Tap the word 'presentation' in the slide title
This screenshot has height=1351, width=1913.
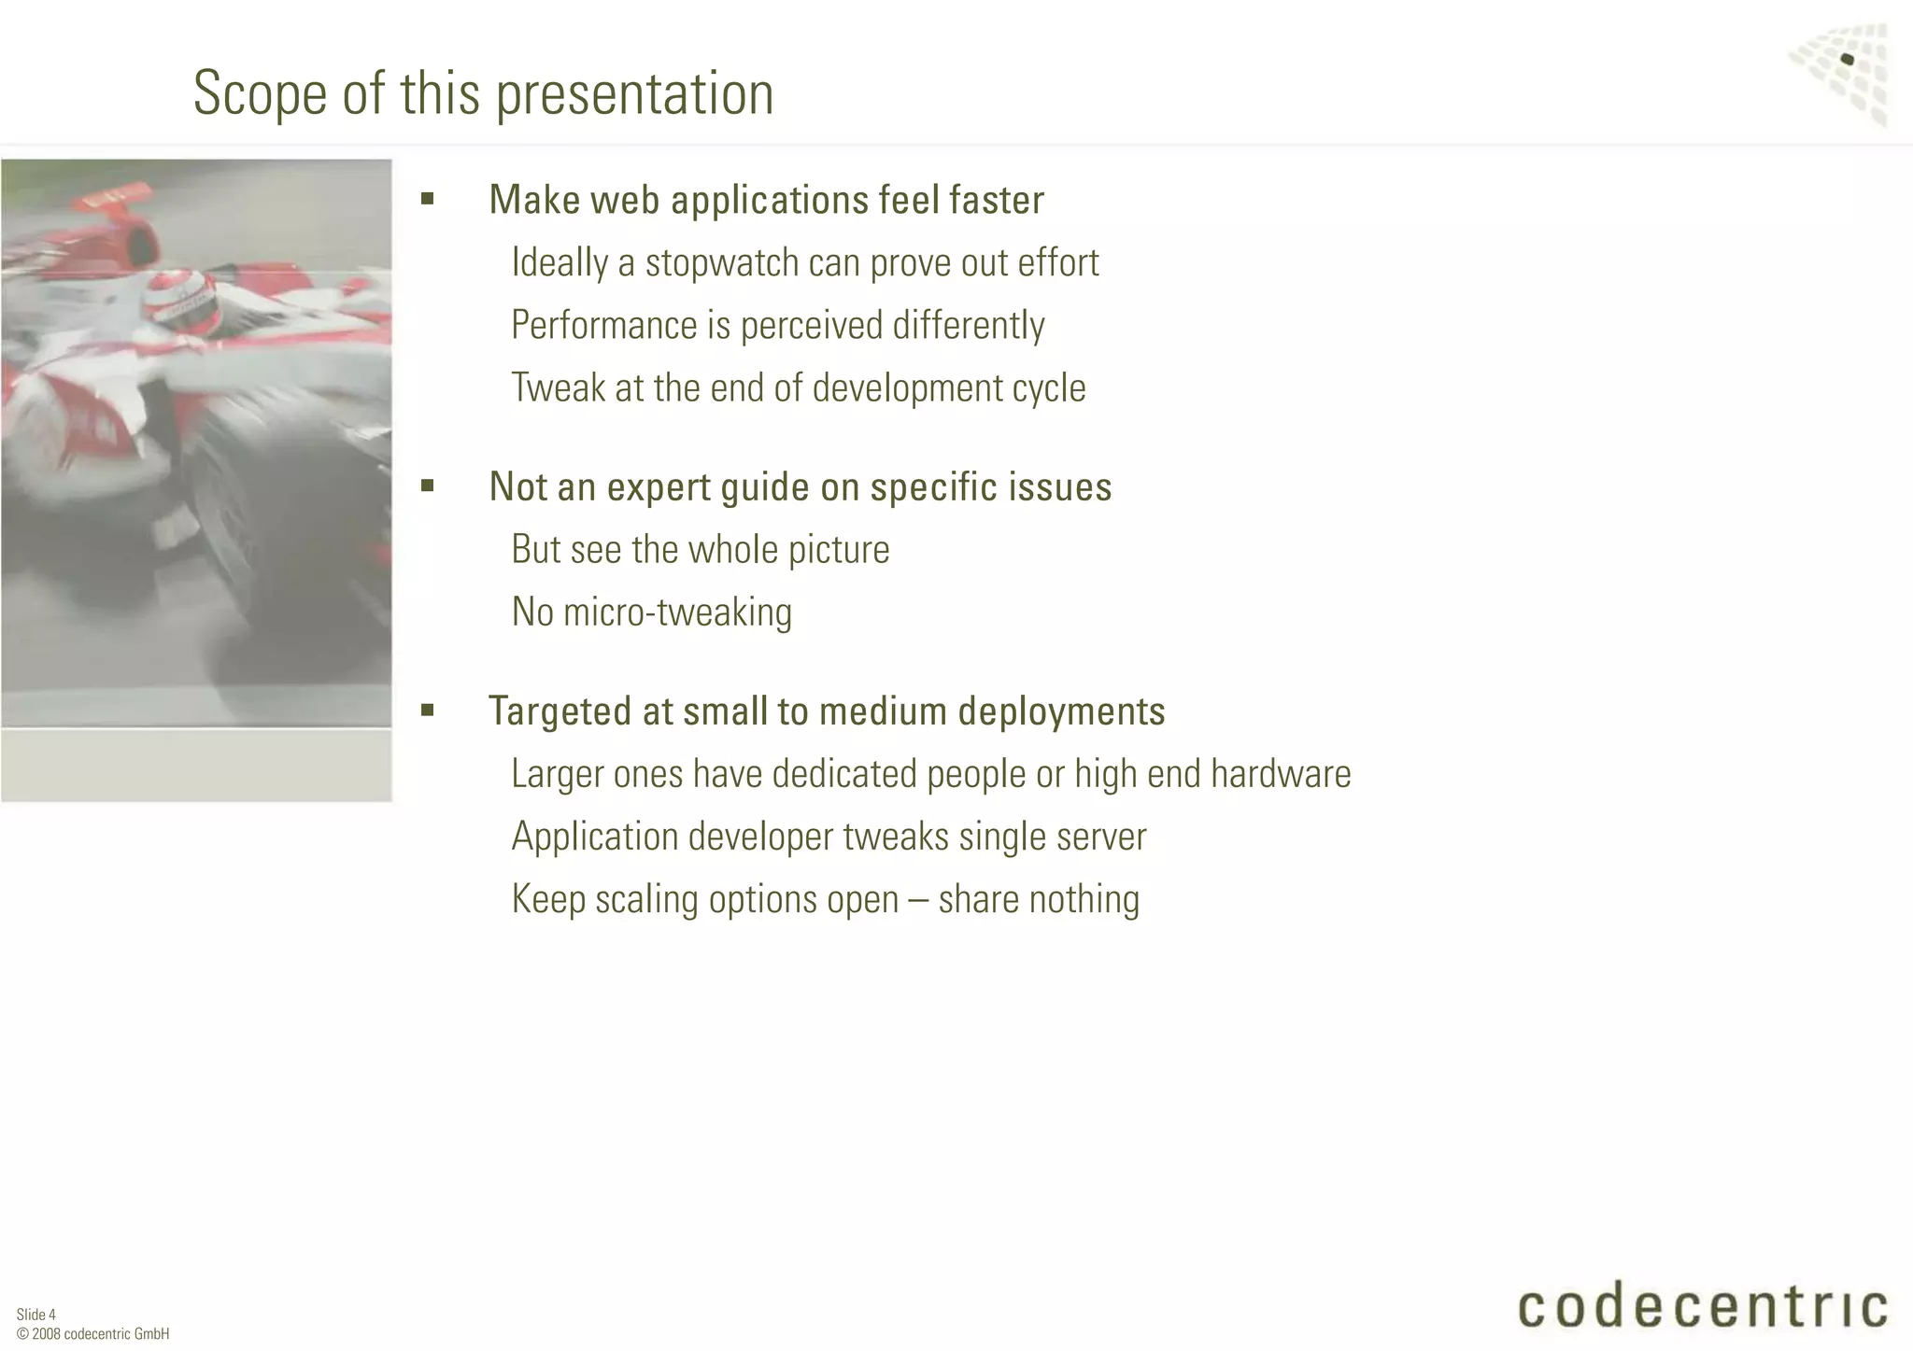pos(634,93)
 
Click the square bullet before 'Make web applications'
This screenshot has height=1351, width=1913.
pos(428,198)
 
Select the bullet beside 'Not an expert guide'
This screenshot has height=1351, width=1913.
pos(428,485)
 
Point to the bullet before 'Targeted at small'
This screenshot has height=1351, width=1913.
pos(428,710)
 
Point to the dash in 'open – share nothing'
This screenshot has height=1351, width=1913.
pos(917,899)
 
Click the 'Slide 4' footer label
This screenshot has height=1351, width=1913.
pos(36,1315)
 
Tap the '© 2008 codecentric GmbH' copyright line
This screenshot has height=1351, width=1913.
pos(93,1333)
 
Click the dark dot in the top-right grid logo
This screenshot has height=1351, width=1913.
pos(1847,60)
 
